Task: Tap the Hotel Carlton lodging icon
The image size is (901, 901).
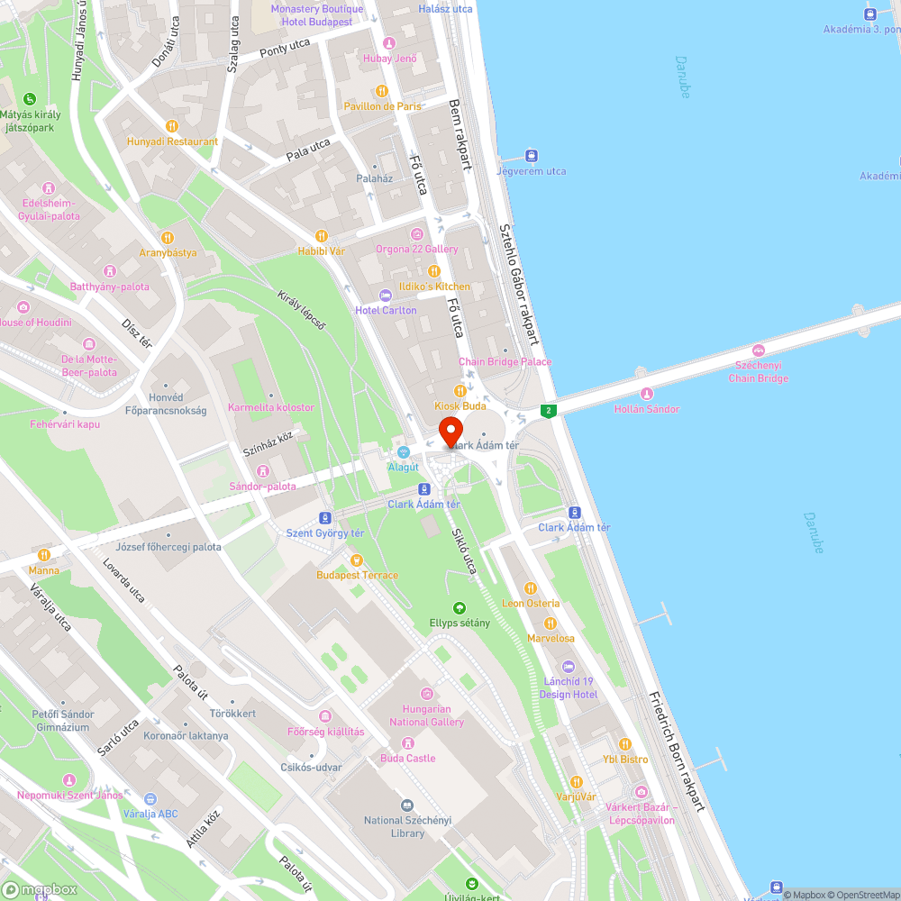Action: (x=386, y=296)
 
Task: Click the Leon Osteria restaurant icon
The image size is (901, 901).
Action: (x=531, y=588)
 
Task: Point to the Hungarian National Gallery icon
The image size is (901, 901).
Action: (x=427, y=694)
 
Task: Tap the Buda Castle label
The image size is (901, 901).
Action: (x=408, y=758)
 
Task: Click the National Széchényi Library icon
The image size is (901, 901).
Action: (x=407, y=805)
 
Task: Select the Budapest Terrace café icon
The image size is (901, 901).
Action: (x=357, y=560)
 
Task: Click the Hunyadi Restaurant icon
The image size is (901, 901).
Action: (x=172, y=126)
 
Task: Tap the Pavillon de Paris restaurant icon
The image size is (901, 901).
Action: (x=382, y=91)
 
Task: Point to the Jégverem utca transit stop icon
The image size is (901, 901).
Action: (x=532, y=156)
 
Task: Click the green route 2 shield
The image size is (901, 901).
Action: (x=548, y=411)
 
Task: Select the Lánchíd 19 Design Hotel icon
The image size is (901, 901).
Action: (x=568, y=667)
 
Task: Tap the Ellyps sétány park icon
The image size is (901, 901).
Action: (x=460, y=608)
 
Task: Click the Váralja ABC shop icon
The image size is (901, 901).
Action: (x=150, y=798)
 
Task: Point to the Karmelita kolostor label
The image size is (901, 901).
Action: (x=271, y=407)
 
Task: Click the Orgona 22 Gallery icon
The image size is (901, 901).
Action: (x=416, y=234)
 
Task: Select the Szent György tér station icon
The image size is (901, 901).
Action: (x=325, y=518)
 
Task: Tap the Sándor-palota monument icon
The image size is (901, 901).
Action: (x=262, y=471)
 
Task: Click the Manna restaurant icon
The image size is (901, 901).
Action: (x=43, y=555)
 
